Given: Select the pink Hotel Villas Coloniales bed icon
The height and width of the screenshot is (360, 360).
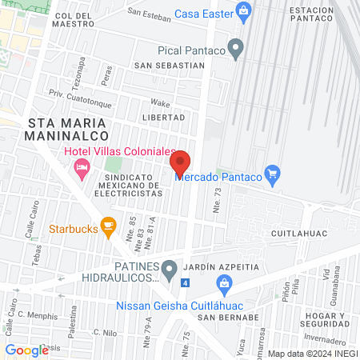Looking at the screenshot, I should pos(81,168).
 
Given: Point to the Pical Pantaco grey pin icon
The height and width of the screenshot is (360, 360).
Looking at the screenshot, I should pos(235,50).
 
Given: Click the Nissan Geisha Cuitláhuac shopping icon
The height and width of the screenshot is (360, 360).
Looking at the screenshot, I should pos(224,282).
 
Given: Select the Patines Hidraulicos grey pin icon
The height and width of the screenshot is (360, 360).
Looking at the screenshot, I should pos(169,270).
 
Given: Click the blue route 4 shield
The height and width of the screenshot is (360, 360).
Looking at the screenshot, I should pos(186,283).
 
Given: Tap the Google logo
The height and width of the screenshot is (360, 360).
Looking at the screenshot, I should pos(26,350).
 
